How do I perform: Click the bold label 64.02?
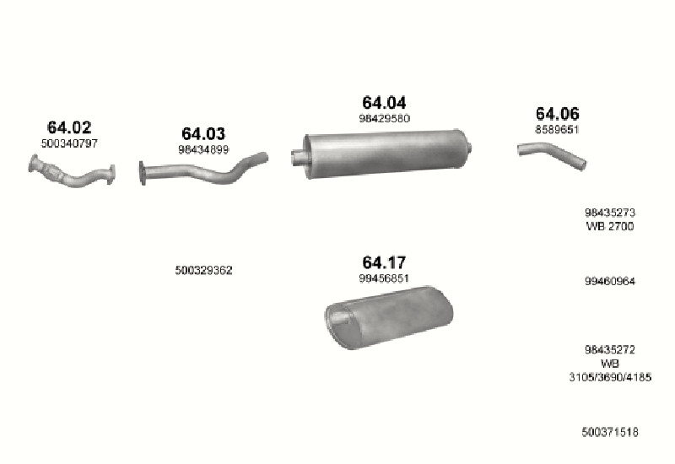click(69, 127)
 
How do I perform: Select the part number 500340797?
click(69, 143)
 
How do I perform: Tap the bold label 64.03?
click(203, 134)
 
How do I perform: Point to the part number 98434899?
click(203, 149)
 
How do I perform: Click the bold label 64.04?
click(384, 103)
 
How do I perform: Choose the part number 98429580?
click(384, 118)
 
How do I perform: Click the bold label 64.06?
click(558, 114)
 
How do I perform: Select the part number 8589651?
click(557, 129)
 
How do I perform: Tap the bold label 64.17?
click(384, 262)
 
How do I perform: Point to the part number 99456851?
click(384, 278)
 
